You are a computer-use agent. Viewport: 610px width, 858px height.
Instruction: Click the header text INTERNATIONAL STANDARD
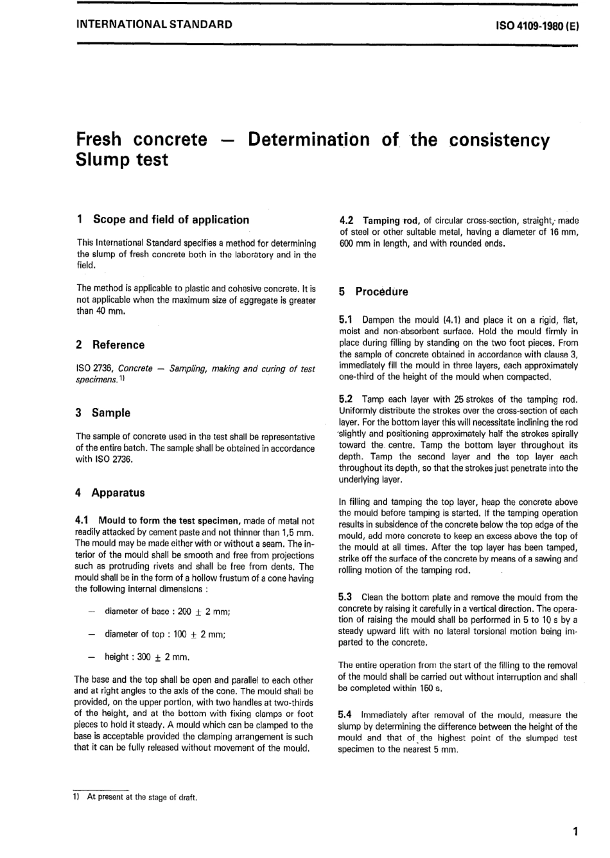[154, 25]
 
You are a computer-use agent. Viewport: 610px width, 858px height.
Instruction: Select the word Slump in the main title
[101, 160]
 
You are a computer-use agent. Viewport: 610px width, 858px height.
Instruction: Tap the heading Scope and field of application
[171, 219]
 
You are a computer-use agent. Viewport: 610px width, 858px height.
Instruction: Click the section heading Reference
[118, 345]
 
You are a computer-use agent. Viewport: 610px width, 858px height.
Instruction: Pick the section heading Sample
[110, 413]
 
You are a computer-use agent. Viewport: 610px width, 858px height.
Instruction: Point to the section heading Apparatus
[118, 493]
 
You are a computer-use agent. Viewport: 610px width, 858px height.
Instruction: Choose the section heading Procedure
[381, 291]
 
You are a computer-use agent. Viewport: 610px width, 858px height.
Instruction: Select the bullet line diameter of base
[167, 612]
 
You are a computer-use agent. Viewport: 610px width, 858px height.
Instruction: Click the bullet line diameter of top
[164, 634]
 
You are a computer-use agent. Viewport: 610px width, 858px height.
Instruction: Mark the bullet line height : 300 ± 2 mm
[147, 656]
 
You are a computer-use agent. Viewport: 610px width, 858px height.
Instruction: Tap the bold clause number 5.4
[345, 715]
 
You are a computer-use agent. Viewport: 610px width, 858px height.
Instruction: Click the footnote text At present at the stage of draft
[142, 798]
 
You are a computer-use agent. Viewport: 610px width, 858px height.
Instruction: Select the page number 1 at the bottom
[575, 832]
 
